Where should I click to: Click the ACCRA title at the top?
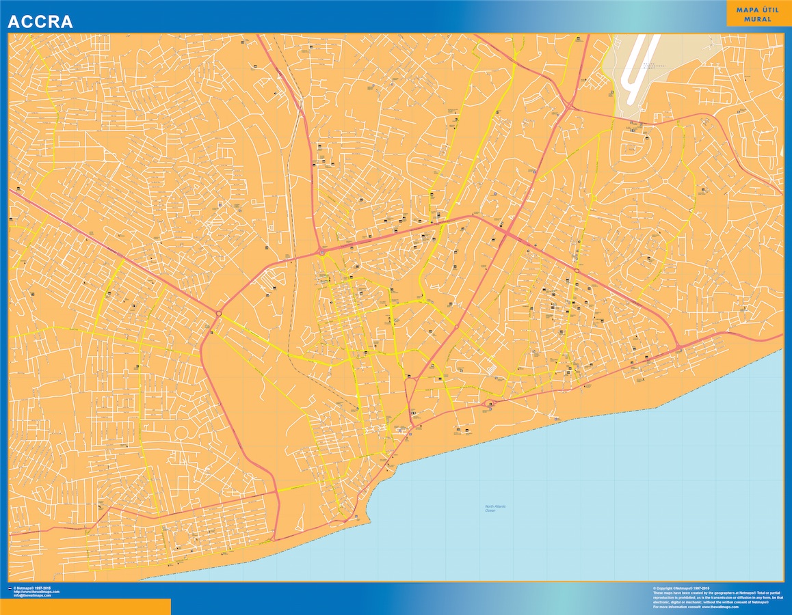40,22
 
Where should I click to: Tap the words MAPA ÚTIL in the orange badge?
754,10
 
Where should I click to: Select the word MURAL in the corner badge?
754,19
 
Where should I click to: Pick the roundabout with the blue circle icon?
321,252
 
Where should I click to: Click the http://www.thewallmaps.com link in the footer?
36,592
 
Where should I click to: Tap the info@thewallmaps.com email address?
32,596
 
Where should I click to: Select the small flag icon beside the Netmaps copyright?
10,588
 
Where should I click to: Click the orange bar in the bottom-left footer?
85,607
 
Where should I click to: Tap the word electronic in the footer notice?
665,602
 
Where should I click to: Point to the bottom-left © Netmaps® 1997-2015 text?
36,588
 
